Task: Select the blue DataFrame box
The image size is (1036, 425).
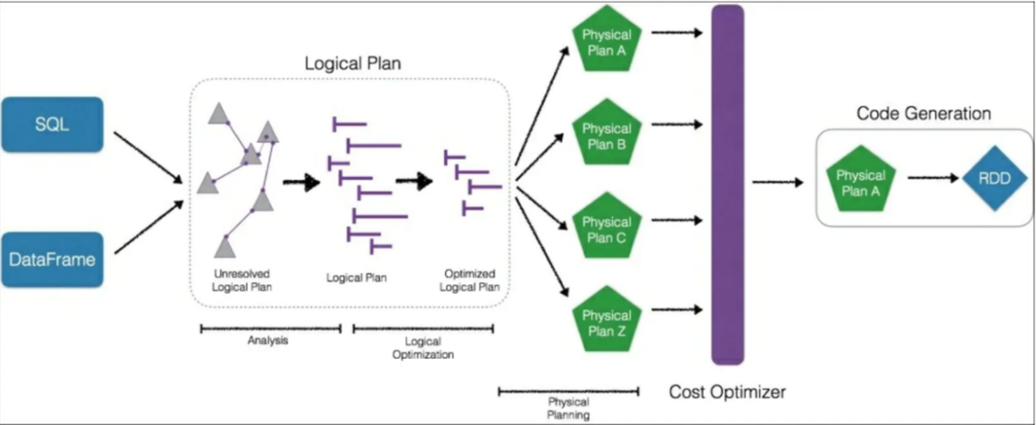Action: point(52,259)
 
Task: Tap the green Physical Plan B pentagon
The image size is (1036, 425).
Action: point(607,134)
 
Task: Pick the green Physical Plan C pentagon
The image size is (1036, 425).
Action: point(607,229)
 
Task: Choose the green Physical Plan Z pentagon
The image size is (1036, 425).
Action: point(607,321)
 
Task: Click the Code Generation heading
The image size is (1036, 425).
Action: point(923,114)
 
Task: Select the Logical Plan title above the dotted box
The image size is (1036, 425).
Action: point(353,64)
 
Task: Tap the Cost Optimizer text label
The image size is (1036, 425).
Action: point(727,393)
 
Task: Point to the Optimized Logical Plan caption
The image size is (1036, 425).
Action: point(469,280)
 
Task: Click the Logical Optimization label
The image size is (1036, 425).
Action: point(423,348)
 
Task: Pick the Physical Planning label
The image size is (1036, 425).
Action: point(569,408)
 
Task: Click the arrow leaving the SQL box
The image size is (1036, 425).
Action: point(146,155)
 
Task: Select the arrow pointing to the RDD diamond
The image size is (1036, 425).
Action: point(933,178)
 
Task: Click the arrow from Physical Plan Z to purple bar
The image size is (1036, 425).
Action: point(677,311)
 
